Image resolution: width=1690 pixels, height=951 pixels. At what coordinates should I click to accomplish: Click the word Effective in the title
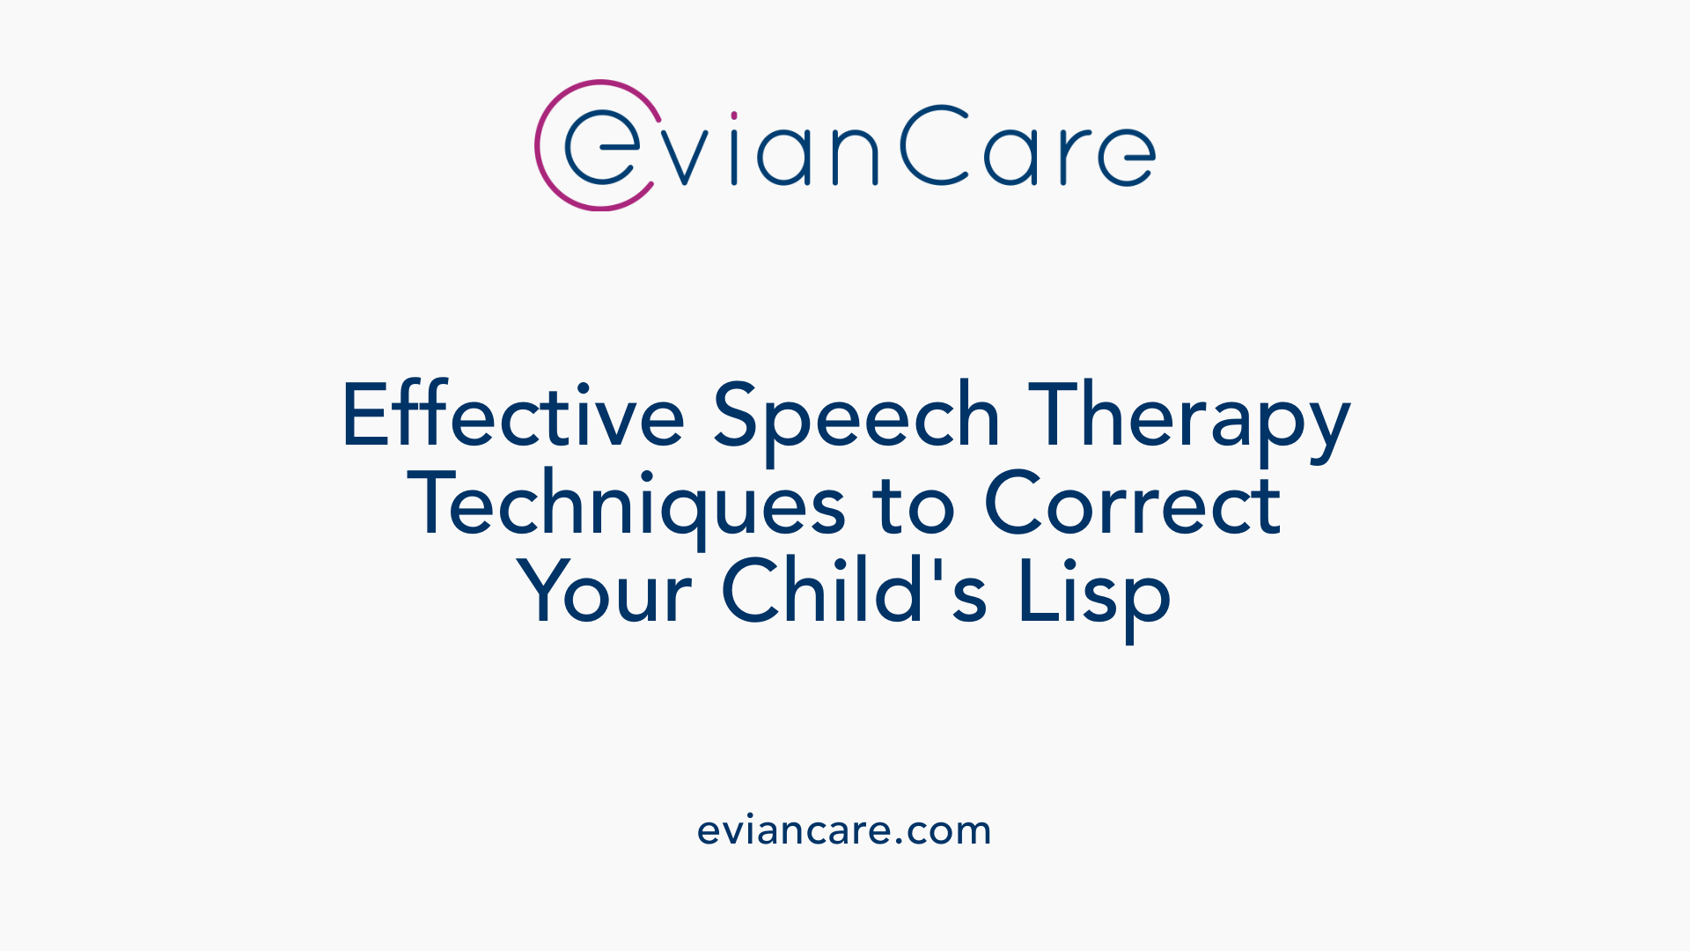coord(512,416)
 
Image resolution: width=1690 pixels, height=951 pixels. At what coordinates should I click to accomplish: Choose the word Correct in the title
coord(1132,504)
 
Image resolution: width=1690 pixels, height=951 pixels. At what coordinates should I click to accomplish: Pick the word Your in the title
coord(604,592)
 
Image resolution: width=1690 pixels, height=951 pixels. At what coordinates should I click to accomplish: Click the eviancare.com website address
coord(844,830)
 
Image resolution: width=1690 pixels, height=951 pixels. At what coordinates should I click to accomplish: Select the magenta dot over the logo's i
coord(734,115)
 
